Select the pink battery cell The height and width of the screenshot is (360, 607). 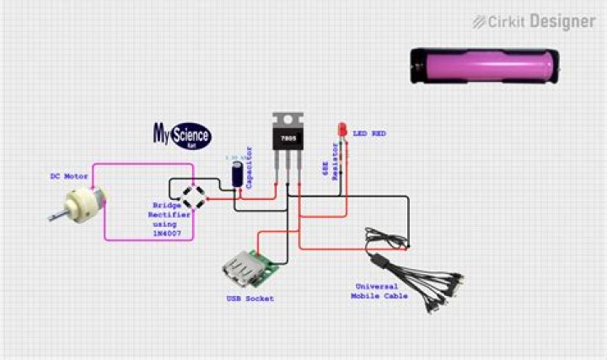484,66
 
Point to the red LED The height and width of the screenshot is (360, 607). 342,131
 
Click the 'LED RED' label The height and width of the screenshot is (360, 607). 369,133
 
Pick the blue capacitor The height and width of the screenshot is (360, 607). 239,173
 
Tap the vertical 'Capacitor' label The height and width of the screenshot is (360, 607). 250,165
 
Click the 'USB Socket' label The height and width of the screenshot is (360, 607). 250,298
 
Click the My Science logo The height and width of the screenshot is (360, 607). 181,133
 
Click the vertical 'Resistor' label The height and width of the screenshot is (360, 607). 335,162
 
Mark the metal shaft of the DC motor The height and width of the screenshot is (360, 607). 56,218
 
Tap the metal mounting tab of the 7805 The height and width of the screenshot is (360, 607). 286,119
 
